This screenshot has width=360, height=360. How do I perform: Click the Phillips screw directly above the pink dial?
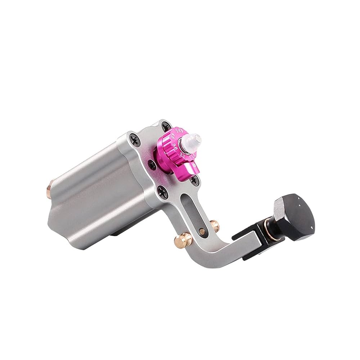click(166, 126)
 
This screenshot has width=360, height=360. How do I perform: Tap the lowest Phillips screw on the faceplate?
click(165, 194)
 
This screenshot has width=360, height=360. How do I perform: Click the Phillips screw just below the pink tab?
click(195, 180)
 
